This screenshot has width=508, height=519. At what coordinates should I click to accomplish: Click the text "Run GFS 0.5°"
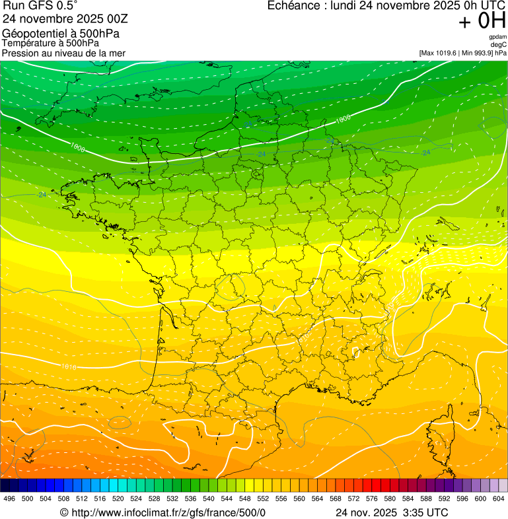pos(40,6)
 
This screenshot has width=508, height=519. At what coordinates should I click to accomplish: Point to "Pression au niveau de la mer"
pos(63,53)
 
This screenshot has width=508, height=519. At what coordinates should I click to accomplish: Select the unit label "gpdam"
pos(498,37)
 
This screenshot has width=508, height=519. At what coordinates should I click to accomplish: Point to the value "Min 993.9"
pos(475,52)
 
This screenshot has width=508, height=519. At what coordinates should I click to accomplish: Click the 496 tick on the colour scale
pos(9,499)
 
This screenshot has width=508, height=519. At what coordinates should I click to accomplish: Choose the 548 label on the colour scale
pos(244,499)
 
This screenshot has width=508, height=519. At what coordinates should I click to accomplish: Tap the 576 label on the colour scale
pos(371,499)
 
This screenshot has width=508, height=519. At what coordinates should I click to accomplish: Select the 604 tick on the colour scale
pos(498,499)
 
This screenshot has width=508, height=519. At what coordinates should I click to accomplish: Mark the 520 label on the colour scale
pos(118,499)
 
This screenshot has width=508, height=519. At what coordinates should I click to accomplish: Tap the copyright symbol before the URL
pos(64,512)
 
